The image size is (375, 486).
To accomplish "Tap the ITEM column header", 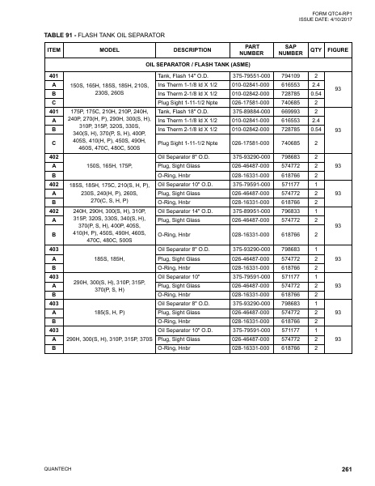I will pyautogui.click(x=54, y=49).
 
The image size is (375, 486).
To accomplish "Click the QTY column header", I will pyautogui.click(x=316, y=49).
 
